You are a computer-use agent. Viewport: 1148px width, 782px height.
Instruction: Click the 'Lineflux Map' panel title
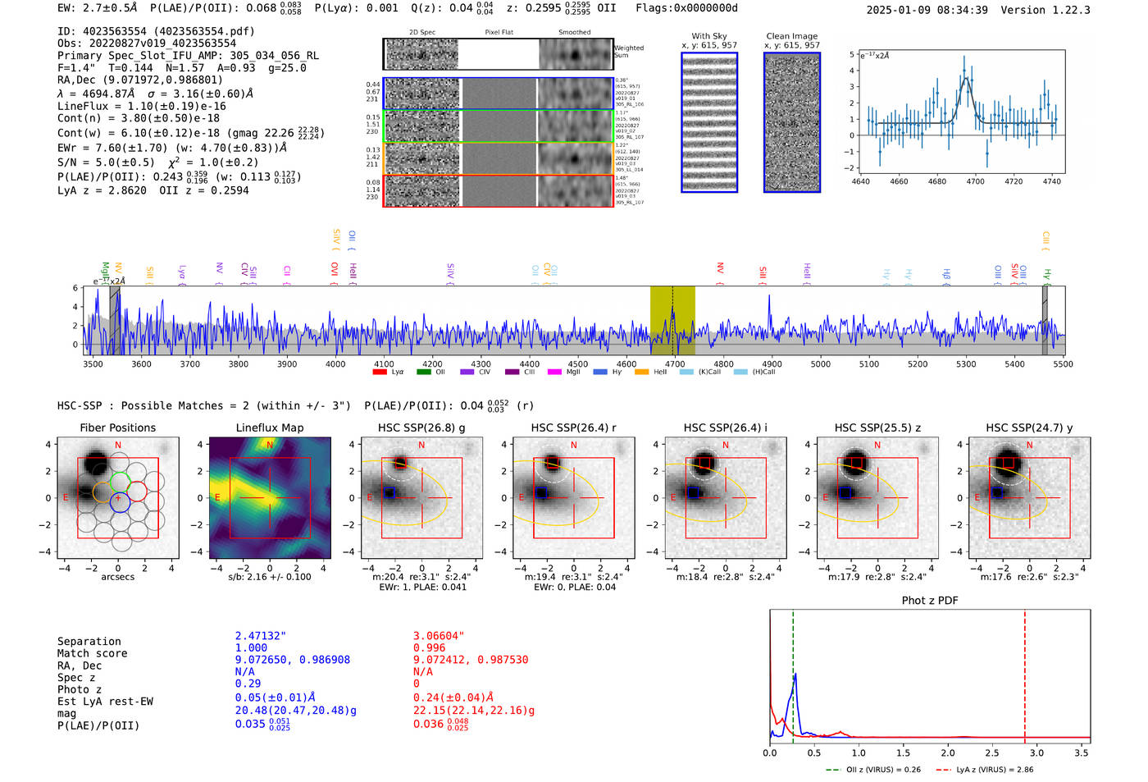269,428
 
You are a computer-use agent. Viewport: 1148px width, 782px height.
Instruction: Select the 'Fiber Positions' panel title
117,428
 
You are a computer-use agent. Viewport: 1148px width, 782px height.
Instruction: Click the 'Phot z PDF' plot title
929,601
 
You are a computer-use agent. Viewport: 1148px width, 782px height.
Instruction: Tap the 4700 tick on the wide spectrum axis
675,364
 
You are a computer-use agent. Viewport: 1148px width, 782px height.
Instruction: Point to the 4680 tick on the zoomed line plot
936,181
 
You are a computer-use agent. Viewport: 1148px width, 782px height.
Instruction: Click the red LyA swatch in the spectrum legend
380,372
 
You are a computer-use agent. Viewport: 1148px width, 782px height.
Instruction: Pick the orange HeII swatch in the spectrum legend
641,372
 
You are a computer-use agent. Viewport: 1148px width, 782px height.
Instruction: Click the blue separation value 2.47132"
260,636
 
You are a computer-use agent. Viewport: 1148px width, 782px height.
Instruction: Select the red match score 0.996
430,648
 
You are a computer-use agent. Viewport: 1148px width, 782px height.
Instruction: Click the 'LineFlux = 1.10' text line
141,106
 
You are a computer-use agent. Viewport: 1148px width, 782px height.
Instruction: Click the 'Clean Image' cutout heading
791,36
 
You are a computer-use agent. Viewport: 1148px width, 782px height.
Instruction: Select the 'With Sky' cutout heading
708,36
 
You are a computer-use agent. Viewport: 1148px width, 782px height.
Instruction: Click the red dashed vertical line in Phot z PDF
1025,673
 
